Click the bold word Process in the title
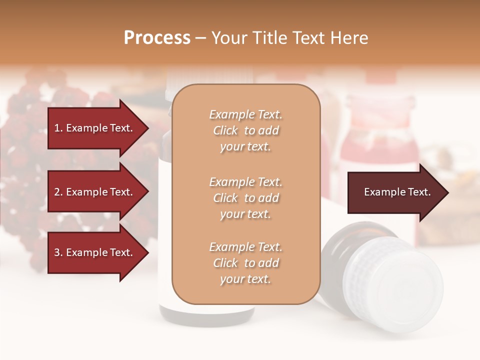(x=157, y=38)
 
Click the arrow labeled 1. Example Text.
(x=95, y=128)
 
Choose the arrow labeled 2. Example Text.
(x=95, y=192)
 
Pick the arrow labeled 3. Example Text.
(x=95, y=252)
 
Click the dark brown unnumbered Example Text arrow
(x=395, y=192)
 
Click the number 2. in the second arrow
(x=58, y=192)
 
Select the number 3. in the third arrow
(x=58, y=252)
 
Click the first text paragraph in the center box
(x=245, y=130)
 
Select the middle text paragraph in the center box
(x=245, y=198)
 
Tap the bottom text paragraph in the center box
(x=245, y=263)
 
